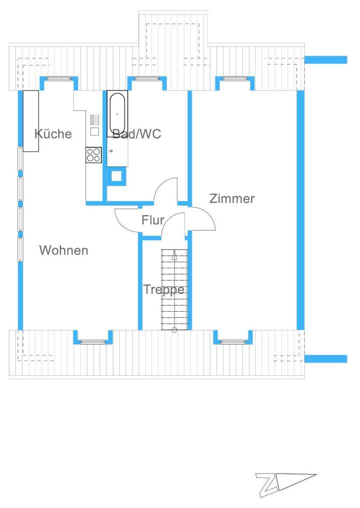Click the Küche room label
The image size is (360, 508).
[x=53, y=134]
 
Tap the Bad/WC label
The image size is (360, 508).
[x=136, y=134]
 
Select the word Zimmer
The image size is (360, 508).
[x=232, y=198]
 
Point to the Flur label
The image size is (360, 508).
[x=152, y=220]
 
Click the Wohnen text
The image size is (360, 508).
[x=63, y=250]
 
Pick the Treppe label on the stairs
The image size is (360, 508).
[x=163, y=289]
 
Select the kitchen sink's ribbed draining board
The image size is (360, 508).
[x=94, y=120]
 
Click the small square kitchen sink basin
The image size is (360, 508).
[x=94, y=132]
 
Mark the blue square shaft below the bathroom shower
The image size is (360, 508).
[x=117, y=176]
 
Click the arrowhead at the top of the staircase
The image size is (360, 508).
[x=174, y=255]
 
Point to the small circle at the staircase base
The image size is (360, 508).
[x=174, y=330]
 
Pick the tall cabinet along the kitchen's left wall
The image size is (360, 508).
[x=31, y=121]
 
